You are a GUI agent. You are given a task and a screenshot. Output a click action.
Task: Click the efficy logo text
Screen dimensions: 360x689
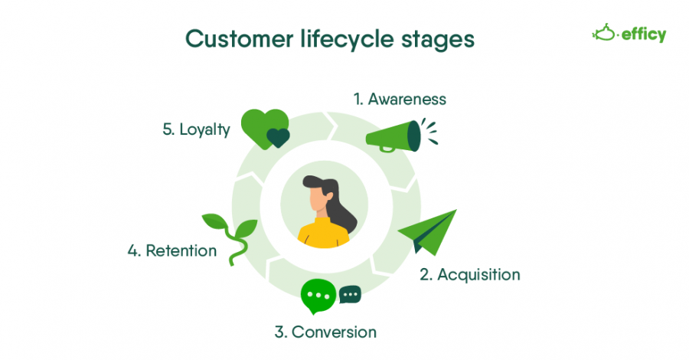(643, 34)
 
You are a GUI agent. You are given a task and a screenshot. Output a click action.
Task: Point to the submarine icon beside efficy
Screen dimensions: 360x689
(605, 33)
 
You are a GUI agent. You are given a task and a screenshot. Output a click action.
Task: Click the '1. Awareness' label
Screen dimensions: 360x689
(399, 99)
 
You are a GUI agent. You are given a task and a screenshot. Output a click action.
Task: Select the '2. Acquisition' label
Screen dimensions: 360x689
(469, 274)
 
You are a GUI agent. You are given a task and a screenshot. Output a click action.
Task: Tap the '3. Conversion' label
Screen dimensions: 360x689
(325, 332)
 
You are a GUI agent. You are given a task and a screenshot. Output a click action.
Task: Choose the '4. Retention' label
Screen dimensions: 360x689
(172, 250)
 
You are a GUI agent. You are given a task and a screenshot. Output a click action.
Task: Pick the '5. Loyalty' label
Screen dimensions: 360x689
(196, 129)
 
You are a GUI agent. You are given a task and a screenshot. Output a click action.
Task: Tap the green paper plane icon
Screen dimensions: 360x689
(429, 232)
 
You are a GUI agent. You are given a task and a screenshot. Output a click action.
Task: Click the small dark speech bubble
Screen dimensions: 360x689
(350, 294)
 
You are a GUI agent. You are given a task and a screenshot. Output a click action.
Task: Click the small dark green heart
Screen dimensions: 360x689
(278, 138)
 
